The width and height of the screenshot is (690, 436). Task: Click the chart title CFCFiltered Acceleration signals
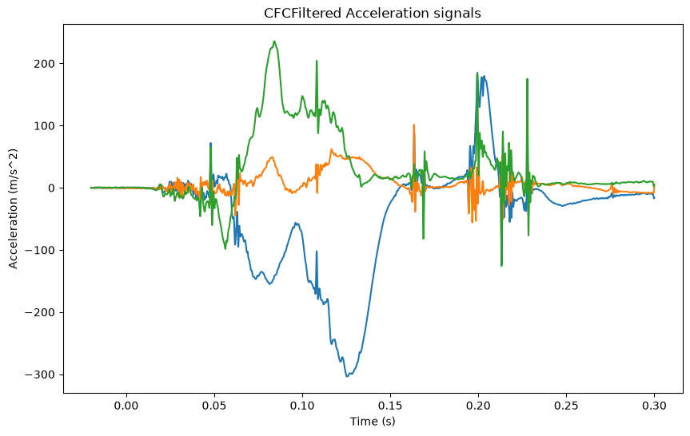click(x=373, y=14)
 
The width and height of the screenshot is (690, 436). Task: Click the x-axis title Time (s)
click(x=373, y=422)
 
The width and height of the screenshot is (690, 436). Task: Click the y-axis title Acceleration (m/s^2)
click(x=14, y=208)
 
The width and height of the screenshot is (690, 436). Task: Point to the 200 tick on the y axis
click(x=45, y=64)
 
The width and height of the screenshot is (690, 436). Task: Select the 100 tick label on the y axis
click(x=45, y=126)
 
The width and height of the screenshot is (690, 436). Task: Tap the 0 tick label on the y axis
click(x=51, y=188)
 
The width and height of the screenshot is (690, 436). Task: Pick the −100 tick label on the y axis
click(x=40, y=251)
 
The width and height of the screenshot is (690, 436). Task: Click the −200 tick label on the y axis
click(x=40, y=313)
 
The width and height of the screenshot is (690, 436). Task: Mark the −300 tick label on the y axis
click(x=40, y=375)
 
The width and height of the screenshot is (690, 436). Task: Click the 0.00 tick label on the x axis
click(x=126, y=406)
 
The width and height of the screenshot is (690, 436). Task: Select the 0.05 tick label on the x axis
click(x=214, y=406)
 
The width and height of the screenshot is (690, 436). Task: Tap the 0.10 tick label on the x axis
click(x=302, y=406)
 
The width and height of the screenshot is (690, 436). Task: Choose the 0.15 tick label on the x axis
click(x=390, y=406)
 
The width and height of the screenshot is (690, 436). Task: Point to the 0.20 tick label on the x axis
click(x=478, y=406)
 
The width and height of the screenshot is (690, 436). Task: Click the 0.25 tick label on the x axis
click(x=566, y=406)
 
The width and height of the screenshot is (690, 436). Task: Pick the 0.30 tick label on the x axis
click(x=654, y=406)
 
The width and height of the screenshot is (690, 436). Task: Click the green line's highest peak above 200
click(x=274, y=42)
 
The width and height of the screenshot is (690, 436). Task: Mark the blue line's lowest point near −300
click(x=347, y=376)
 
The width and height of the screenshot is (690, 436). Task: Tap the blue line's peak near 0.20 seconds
click(x=484, y=77)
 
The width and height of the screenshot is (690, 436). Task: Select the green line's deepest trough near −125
click(x=501, y=265)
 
